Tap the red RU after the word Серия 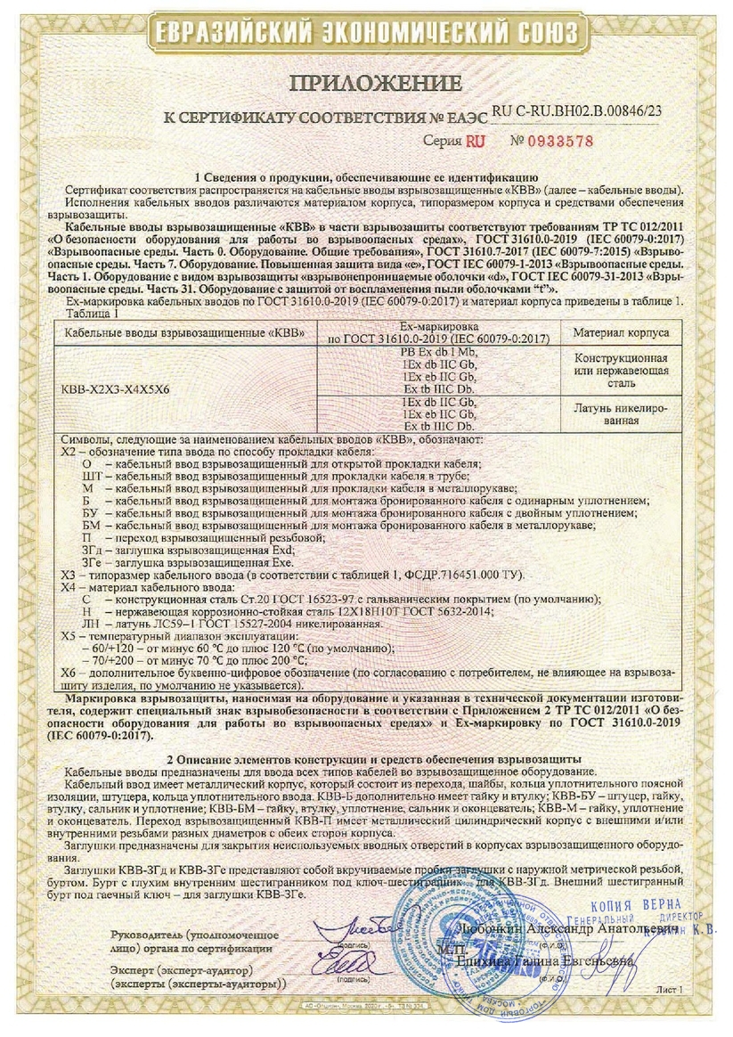(476, 141)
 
